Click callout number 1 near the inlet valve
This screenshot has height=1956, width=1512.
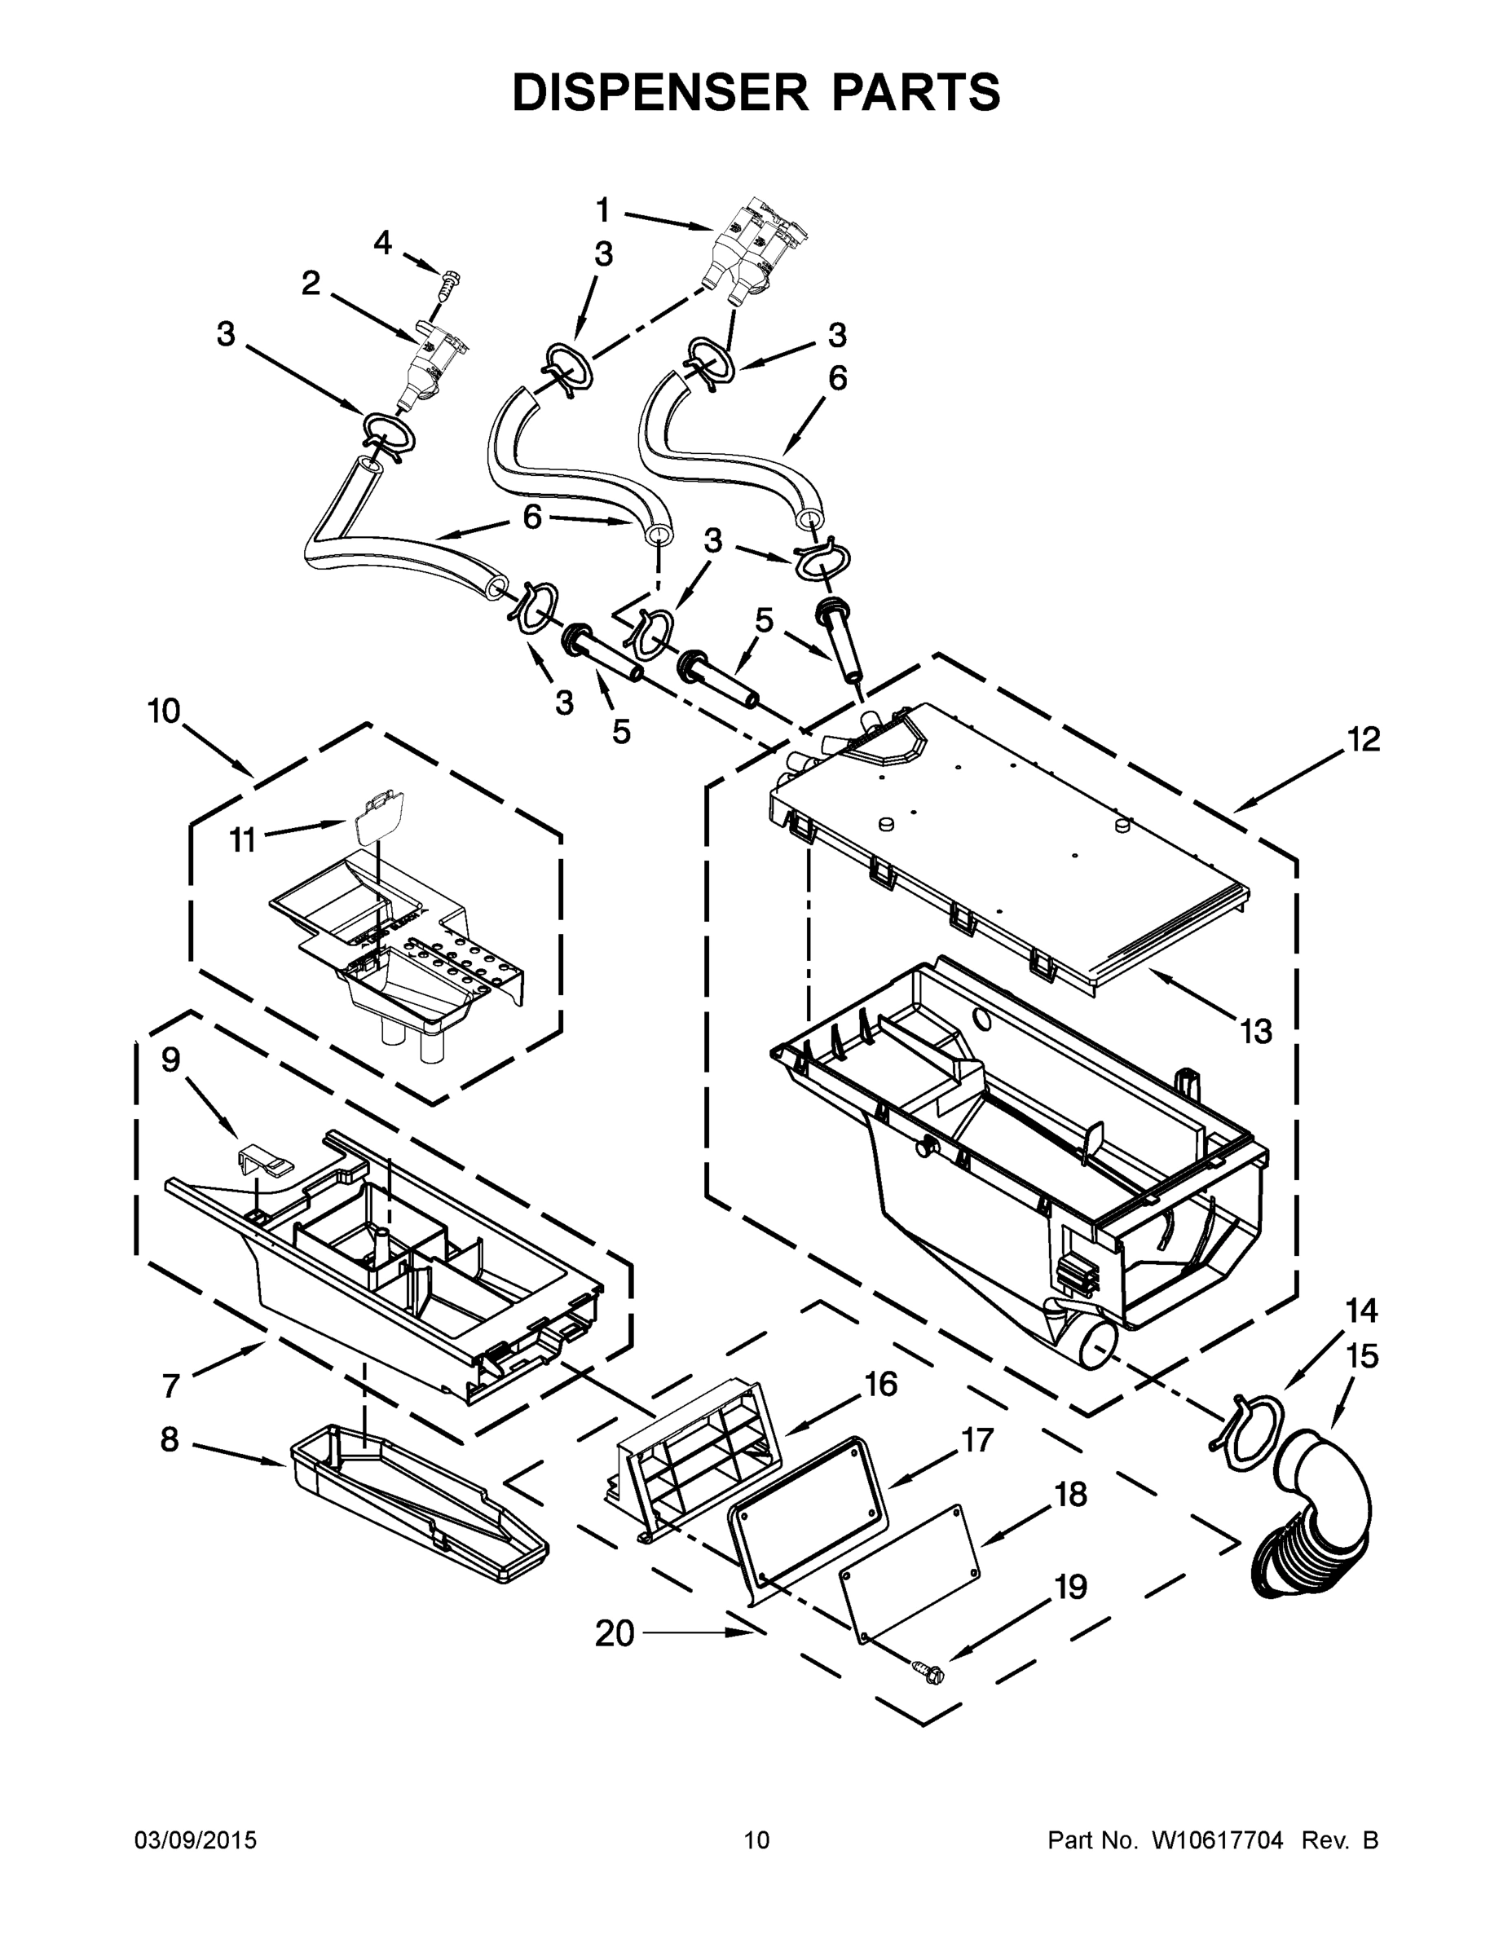click(x=603, y=210)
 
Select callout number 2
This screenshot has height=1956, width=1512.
click(x=310, y=284)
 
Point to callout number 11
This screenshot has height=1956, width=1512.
click(x=243, y=840)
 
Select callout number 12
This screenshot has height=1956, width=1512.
click(x=1364, y=740)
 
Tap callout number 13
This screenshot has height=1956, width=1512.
click(x=1256, y=1032)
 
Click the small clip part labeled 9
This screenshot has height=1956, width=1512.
click(x=265, y=1161)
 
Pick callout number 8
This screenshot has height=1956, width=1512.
click(x=170, y=1439)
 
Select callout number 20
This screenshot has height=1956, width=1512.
click(x=615, y=1633)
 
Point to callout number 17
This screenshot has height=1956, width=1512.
click(x=977, y=1440)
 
